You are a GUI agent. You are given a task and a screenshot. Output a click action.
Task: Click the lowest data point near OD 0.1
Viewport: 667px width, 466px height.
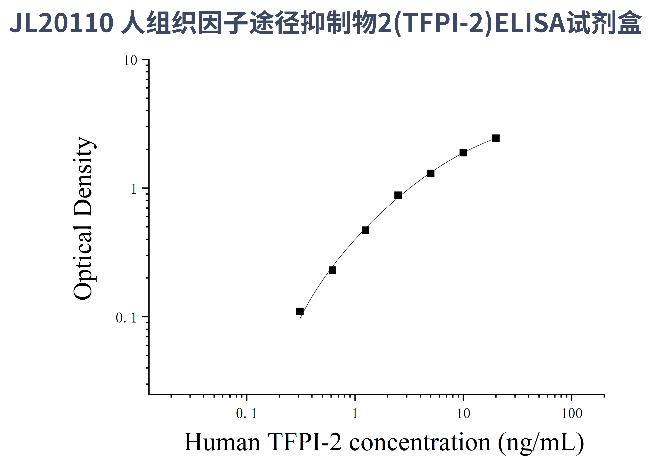[x=300, y=311]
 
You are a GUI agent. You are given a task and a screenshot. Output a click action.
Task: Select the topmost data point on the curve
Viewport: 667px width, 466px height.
[x=496, y=138]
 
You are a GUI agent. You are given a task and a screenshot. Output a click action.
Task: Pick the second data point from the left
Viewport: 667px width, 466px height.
[x=332, y=270]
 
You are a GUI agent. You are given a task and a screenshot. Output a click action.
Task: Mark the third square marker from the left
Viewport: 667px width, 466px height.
[x=365, y=230]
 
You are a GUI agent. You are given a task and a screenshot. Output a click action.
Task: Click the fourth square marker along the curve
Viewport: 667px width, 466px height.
[x=398, y=195]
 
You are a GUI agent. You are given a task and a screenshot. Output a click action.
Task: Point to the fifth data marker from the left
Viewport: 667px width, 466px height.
[x=431, y=173]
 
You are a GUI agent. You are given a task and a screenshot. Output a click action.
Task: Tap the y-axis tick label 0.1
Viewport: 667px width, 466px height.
[x=126, y=318]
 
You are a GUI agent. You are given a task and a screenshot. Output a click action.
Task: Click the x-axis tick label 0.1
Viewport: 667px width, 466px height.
[x=246, y=414]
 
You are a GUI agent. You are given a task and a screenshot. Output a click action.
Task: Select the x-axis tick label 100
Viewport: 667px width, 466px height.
[x=572, y=414]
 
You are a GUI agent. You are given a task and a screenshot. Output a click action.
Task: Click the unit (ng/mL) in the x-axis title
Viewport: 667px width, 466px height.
[x=541, y=443]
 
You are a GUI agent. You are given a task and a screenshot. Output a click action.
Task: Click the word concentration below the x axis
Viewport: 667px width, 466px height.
[x=420, y=443]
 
